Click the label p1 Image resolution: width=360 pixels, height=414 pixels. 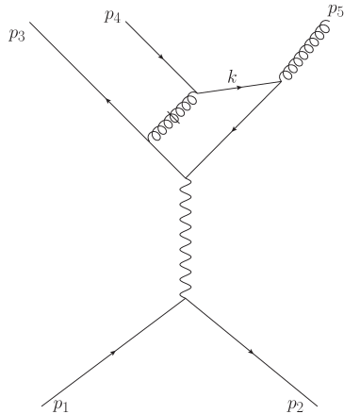61,405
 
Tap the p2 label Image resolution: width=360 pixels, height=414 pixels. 295,405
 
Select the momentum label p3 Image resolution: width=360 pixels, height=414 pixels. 16,37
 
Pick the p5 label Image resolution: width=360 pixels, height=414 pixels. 335,11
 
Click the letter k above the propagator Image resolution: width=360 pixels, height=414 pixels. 231,75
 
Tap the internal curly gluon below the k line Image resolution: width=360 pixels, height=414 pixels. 172,118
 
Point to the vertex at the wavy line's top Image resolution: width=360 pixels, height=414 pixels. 186,176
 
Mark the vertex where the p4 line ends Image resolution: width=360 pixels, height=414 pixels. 195,93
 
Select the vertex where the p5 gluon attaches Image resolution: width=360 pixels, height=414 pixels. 281,82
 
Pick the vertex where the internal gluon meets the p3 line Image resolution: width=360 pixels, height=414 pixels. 149,141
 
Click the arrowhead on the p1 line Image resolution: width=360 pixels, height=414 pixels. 114,353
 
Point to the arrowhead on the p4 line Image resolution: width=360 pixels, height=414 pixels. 162,58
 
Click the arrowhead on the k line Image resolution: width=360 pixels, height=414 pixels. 240,88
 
